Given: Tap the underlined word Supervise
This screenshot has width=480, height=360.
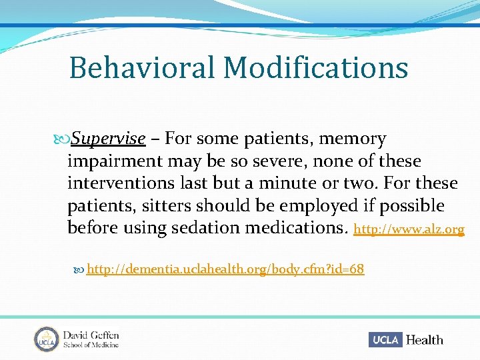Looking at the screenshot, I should point(108,139).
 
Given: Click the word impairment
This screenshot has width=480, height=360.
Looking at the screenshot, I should point(117,161).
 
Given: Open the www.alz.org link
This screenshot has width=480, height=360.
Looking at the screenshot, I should point(408,229).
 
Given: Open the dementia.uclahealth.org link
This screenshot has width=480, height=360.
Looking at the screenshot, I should point(225,269).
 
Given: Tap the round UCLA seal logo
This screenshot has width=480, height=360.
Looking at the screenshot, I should point(46,339).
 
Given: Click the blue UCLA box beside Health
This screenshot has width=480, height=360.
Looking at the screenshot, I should point(385,339).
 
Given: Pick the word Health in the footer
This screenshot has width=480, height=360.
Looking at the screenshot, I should point(424,340).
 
